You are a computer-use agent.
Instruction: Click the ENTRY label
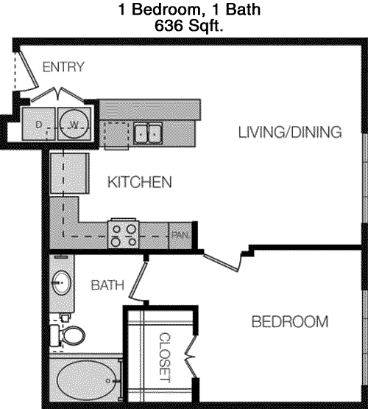pyautogui.click(x=63, y=67)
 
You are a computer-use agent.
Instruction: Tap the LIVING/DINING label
pyautogui.click(x=290, y=132)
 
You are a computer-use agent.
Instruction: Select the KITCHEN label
pyautogui.click(x=140, y=182)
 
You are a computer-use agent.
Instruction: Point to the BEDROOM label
pyautogui.click(x=289, y=321)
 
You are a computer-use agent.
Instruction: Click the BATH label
pyautogui.click(x=107, y=285)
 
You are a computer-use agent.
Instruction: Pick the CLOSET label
pyautogui.click(x=165, y=357)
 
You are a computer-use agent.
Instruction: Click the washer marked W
pyautogui.click(x=74, y=124)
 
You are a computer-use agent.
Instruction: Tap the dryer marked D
pyautogui.click(x=38, y=124)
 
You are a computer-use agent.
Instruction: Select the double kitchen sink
pyautogui.click(x=148, y=133)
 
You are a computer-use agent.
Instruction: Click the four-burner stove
pyautogui.click(x=124, y=234)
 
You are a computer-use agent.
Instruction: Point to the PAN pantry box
pyautogui.click(x=180, y=236)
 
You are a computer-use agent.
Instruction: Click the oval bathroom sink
pyautogui.click(x=62, y=282)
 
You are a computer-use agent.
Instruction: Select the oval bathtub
pyautogui.click(x=86, y=380)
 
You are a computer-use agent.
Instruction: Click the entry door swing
pyautogui.click(x=28, y=71)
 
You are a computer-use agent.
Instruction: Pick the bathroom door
pyautogui.click(x=138, y=281)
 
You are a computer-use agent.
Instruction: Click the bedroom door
pyautogui.click(x=222, y=263)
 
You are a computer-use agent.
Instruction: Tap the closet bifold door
pyautogui.click(x=191, y=357)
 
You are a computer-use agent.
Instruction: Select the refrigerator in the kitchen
pyautogui.click(x=69, y=173)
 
